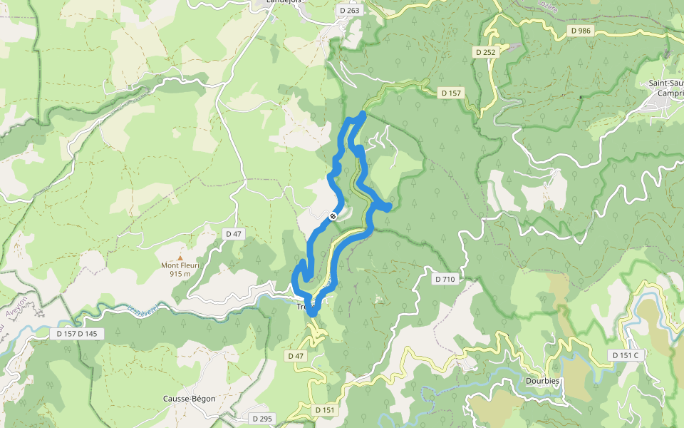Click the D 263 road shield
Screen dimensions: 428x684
(x=350, y=11)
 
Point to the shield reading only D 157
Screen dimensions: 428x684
(x=452, y=93)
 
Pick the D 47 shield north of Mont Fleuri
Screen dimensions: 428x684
(x=233, y=233)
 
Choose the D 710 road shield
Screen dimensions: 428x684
(x=443, y=279)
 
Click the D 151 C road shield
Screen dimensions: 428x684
(x=626, y=355)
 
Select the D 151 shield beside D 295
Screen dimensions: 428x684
(x=324, y=410)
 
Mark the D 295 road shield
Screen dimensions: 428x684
(x=261, y=419)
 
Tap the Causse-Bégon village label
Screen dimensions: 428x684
(x=189, y=399)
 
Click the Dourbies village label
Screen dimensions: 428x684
(x=542, y=381)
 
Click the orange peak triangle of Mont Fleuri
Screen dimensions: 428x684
(x=180, y=258)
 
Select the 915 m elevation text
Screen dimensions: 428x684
(x=180, y=274)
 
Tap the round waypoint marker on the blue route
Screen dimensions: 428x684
(x=333, y=216)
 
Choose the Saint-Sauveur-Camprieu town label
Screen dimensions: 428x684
(x=665, y=88)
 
